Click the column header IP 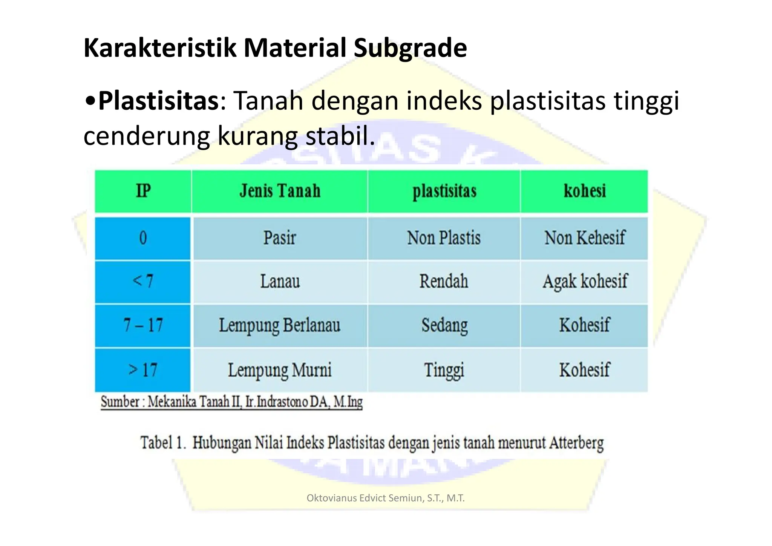pos(143,191)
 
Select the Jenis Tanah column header pos(280,191)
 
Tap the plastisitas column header pos(444,191)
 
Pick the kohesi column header pos(584,191)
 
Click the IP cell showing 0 pos(143,238)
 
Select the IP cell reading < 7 pos(143,282)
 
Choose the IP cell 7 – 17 pos(143,325)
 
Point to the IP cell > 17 pos(143,370)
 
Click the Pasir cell pos(280,238)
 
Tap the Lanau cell pos(280,282)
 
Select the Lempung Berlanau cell pos(280,325)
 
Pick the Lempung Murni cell pos(280,370)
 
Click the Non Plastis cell pos(444,238)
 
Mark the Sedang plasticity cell pos(444,325)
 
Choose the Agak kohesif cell pos(585,282)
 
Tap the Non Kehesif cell pos(585,238)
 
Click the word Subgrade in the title pos(410,48)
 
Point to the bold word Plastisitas pos(158,101)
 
